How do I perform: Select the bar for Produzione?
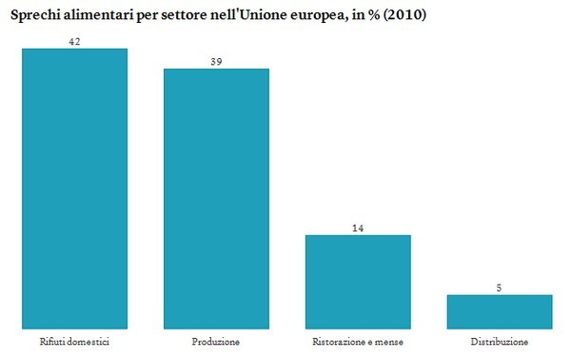tap(216, 197)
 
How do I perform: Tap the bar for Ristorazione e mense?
tap(358, 280)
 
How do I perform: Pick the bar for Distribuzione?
tap(500, 310)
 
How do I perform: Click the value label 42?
tap(74, 41)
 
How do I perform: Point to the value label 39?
tap(216, 61)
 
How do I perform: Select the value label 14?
tap(358, 228)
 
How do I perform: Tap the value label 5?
tap(500, 288)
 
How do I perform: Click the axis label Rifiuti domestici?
tap(74, 341)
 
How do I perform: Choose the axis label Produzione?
tap(216, 341)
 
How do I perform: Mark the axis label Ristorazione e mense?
tap(358, 341)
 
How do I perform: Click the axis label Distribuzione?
tap(500, 341)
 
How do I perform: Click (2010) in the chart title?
tap(408, 12)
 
